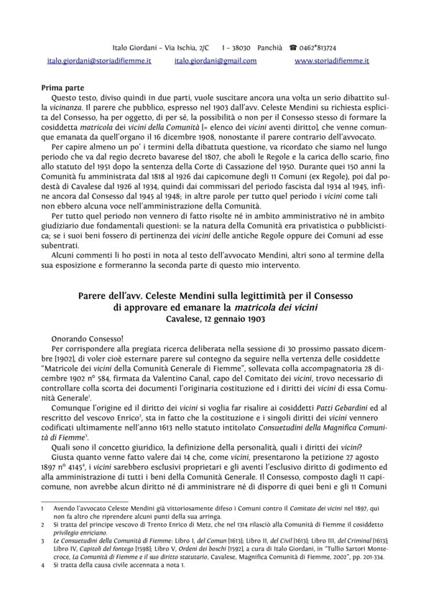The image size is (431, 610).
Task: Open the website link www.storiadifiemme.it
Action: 332,62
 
